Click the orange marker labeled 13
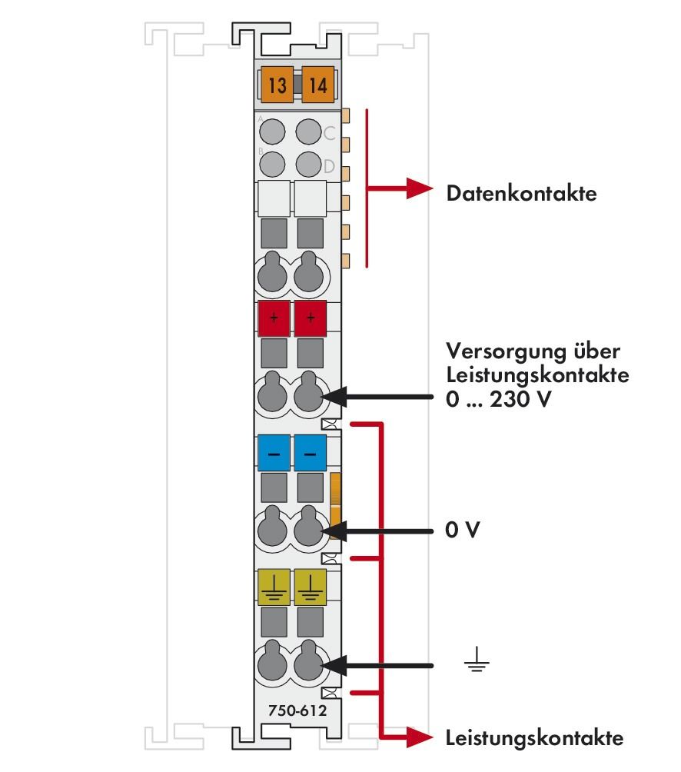pyautogui.click(x=277, y=85)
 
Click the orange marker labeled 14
pyautogui.click(x=317, y=85)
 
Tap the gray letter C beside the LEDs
pyautogui.click(x=330, y=133)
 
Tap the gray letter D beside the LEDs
pyautogui.click(x=330, y=166)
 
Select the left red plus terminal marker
pyautogui.click(x=274, y=319)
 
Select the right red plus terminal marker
pyautogui.click(x=311, y=319)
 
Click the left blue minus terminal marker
pyautogui.click(x=274, y=454)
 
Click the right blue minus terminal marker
pyautogui.click(x=311, y=454)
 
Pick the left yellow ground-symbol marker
pyautogui.click(x=274, y=588)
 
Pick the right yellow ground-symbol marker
pyautogui.click(x=311, y=588)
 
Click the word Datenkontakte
pyautogui.click(x=521, y=194)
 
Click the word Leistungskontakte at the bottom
pyautogui.click(x=534, y=739)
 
